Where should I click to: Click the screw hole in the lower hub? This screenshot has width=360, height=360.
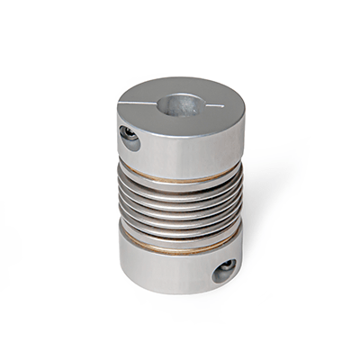click(224, 270)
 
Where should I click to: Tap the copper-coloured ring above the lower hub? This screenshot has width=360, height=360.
click(180, 244)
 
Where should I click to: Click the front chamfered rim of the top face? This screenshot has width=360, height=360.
click(180, 129)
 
